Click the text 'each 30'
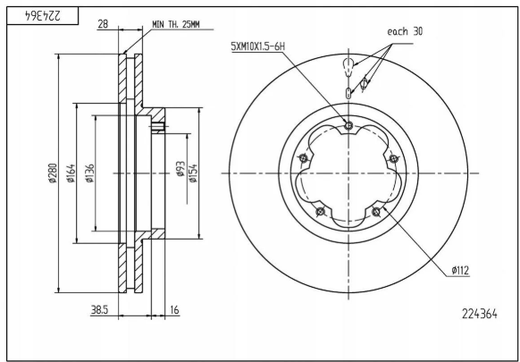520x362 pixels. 405,31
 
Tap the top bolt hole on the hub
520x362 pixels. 348,125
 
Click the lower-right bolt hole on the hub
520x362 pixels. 376,211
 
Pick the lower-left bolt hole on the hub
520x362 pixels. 320,211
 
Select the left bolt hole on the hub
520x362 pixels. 304,158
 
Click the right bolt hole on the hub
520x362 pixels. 393,158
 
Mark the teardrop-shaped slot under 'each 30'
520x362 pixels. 348,65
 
